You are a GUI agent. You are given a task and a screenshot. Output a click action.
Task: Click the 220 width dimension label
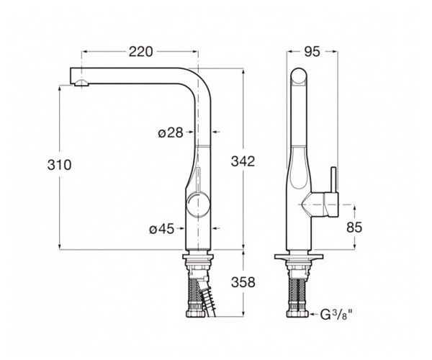[140, 52]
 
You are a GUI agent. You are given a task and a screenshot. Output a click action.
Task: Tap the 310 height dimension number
[59, 165]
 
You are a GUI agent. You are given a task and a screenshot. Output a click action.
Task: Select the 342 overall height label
[243, 161]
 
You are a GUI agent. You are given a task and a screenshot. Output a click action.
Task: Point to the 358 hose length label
[243, 282]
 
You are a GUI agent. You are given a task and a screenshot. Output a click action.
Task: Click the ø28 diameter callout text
[171, 132]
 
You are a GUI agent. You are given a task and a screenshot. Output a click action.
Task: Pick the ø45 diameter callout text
[162, 229]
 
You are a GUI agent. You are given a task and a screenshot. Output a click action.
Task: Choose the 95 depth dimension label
[312, 52]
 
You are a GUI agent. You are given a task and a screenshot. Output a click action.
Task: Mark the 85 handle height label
[354, 228]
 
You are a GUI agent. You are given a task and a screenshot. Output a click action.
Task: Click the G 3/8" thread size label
[336, 315]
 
